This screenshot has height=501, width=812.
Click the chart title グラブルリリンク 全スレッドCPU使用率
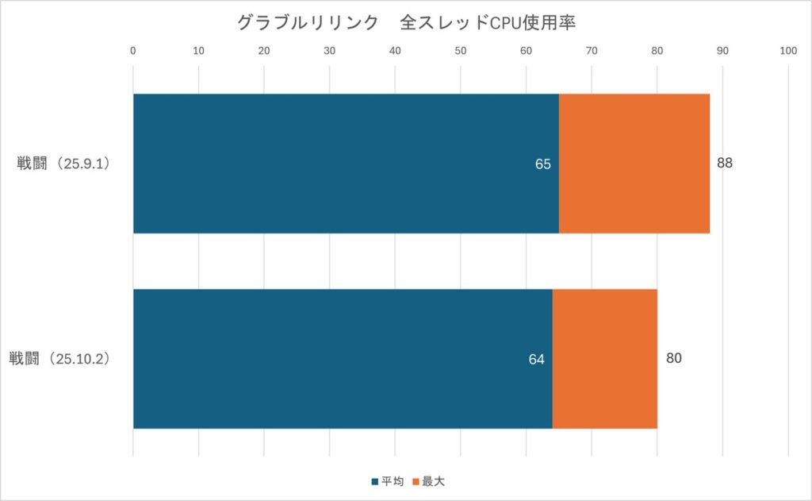click(x=406, y=23)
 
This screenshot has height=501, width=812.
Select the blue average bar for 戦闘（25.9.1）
click(x=346, y=164)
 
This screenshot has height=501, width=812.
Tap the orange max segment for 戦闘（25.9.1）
click(x=634, y=164)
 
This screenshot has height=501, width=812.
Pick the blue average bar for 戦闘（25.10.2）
click(x=343, y=359)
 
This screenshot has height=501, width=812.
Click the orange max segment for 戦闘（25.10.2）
click(x=604, y=359)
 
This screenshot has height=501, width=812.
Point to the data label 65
click(x=543, y=164)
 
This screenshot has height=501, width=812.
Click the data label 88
click(x=724, y=164)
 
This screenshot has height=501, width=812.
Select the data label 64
click(x=537, y=360)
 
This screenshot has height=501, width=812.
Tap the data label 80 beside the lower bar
click(x=674, y=358)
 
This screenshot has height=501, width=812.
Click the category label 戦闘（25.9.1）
click(x=67, y=164)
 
